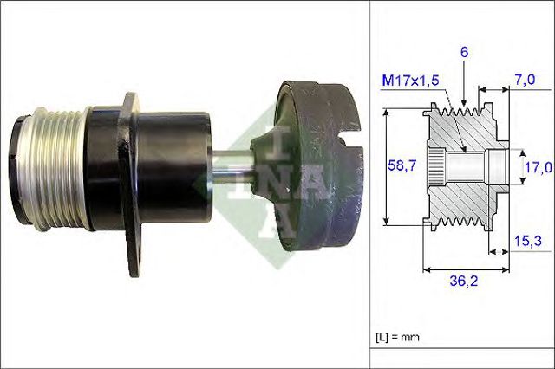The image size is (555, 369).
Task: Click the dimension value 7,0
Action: point(523,80)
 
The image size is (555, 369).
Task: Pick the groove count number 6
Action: point(465,52)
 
